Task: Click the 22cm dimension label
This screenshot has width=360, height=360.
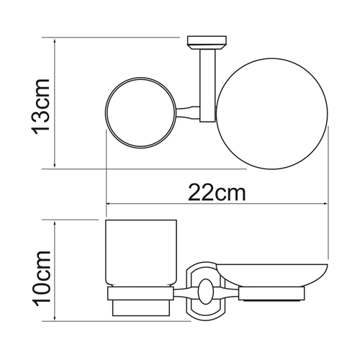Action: point(217,192)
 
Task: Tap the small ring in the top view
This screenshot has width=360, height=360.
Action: point(105,113)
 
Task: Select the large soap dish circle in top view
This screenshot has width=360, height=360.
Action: point(216,114)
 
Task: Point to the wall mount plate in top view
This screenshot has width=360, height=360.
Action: point(207,42)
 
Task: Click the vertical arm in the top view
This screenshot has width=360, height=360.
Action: point(207,86)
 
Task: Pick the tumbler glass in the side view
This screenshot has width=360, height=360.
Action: point(141,253)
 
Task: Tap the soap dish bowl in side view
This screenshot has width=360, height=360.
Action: point(272,275)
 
